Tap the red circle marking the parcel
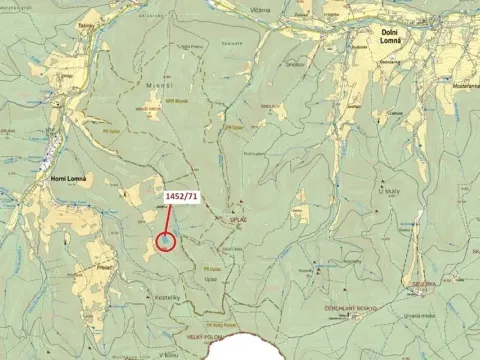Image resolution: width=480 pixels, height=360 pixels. [166, 241]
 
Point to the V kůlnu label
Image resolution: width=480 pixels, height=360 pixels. [167, 353]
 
